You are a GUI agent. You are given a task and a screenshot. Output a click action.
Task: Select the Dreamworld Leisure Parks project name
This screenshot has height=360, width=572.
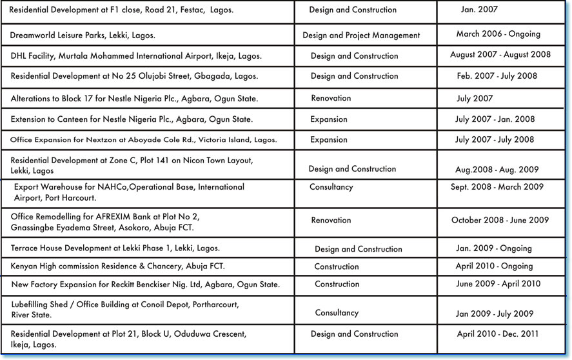click(x=83, y=34)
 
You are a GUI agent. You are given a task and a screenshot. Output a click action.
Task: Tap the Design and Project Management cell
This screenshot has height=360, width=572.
click(x=361, y=35)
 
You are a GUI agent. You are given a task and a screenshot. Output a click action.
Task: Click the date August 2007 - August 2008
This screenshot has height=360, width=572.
click(x=500, y=55)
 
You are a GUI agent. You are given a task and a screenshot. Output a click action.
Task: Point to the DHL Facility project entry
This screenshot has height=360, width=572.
click(x=136, y=56)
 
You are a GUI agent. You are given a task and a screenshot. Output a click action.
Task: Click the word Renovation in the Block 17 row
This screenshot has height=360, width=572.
click(x=331, y=98)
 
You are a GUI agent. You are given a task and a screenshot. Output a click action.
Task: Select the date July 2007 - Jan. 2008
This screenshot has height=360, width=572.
click(x=495, y=119)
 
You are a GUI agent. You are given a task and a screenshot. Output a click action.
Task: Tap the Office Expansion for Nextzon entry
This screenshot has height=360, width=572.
click(x=143, y=140)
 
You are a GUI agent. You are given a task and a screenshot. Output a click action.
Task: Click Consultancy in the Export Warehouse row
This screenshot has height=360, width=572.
click(x=331, y=187)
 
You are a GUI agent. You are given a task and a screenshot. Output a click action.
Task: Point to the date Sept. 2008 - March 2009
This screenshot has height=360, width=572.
click(x=497, y=187)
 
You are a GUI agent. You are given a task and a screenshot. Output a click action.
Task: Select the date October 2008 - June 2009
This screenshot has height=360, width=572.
click(x=500, y=220)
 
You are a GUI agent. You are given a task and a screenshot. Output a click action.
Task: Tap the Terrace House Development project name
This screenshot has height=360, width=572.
click(x=115, y=248)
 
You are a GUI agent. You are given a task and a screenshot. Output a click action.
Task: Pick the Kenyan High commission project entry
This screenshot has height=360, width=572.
click(x=117, y=266)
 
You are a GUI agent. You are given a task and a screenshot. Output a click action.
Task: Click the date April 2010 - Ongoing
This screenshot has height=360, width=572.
click(x=494, y=266)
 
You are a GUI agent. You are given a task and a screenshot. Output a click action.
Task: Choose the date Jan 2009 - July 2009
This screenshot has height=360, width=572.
click(x=495, y=314)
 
